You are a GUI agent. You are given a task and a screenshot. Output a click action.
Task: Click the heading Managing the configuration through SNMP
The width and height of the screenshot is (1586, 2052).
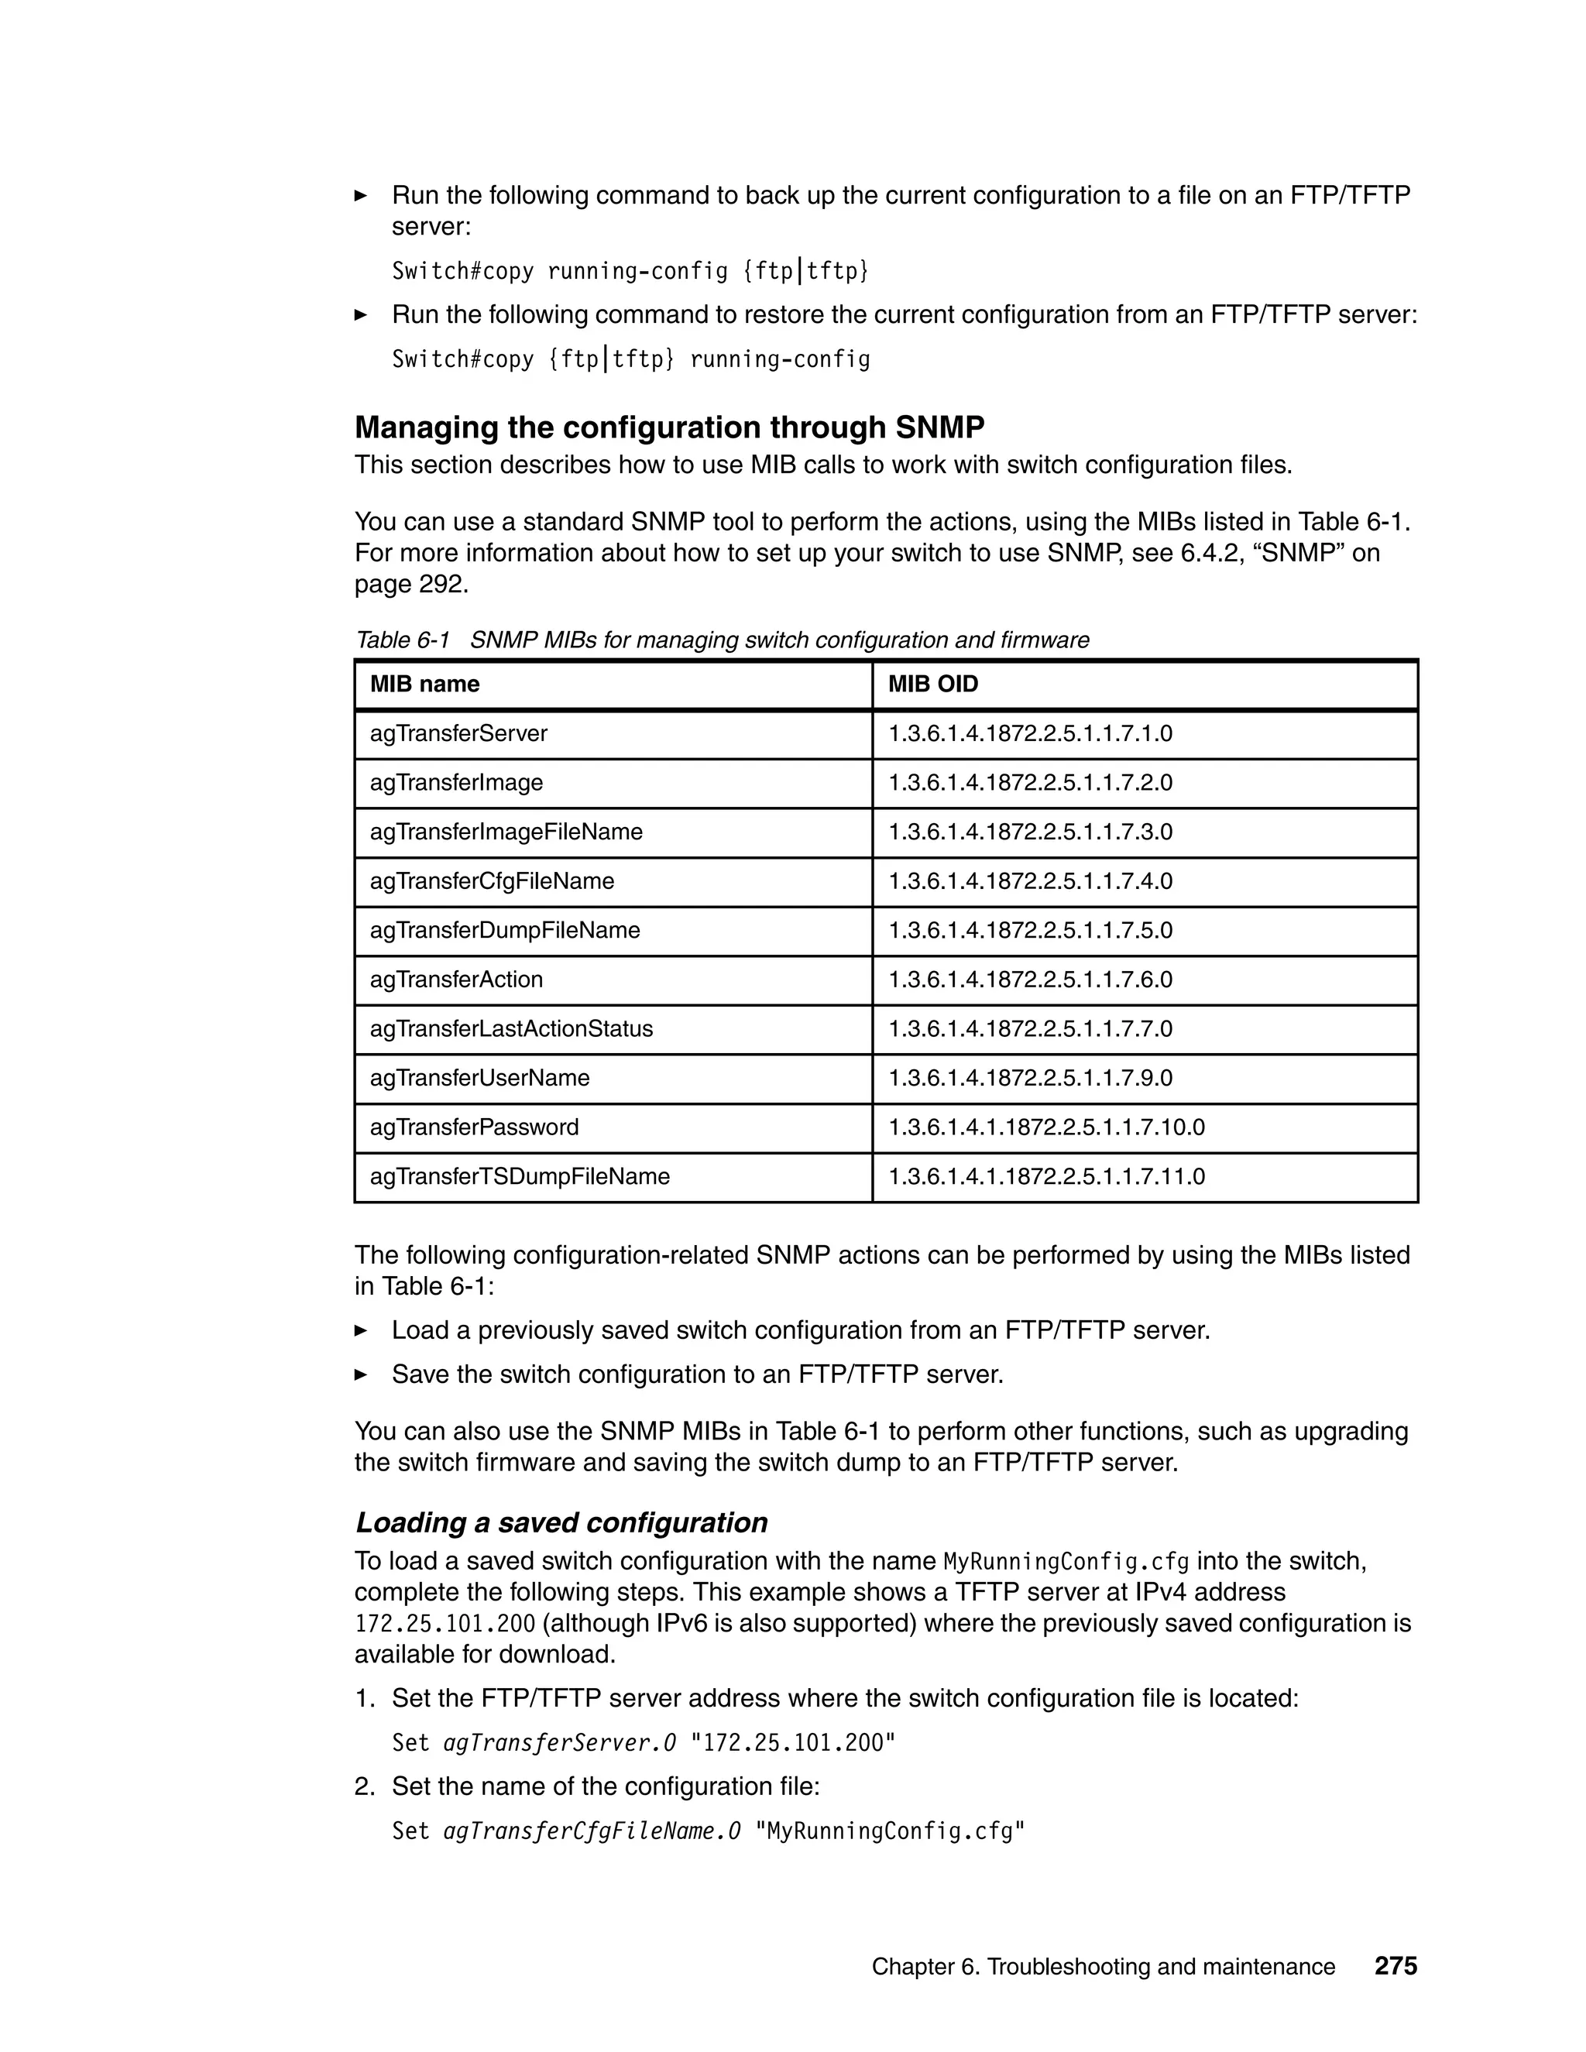669,427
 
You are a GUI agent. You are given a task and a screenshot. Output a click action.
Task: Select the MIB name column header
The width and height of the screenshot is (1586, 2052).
424,684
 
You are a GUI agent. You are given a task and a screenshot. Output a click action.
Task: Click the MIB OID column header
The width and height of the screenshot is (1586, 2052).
933,684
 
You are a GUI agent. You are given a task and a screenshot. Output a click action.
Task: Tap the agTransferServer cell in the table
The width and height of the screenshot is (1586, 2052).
458,734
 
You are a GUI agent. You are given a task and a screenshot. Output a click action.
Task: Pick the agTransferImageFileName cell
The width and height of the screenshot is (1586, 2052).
506,832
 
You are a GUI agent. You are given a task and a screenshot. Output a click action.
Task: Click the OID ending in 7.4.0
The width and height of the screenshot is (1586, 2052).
1031,881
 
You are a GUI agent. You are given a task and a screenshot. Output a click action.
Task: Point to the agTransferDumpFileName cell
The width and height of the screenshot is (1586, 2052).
506,930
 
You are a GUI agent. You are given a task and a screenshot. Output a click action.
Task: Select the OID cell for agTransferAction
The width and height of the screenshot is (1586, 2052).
1031,980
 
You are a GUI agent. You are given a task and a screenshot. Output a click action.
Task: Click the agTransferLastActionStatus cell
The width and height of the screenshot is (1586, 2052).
511,1029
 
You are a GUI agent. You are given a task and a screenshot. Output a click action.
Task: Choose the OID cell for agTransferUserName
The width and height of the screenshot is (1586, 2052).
1031,1078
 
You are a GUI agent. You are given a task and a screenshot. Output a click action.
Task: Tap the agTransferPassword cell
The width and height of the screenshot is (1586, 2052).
475,1127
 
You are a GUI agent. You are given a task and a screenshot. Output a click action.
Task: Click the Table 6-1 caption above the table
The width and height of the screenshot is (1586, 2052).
722,641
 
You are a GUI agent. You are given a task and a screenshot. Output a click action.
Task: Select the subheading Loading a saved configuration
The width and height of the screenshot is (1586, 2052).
561,1522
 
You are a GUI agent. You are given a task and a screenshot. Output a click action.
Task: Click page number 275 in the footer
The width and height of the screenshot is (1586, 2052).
1395,1967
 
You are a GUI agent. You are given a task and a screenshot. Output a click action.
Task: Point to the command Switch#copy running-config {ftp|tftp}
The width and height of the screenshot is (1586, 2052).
630,272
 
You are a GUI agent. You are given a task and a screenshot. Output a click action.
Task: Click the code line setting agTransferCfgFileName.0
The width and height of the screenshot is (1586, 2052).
708,1831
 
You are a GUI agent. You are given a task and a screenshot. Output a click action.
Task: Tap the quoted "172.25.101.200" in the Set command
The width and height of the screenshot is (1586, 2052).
793,1743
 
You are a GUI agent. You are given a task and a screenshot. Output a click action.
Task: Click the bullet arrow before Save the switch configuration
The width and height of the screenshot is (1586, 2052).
361,1374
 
